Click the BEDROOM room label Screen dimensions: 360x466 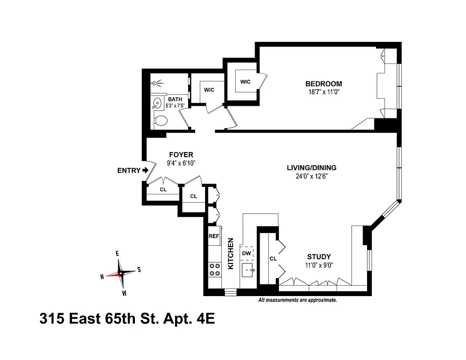[323, 84]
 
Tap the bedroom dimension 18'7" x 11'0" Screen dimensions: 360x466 [323, 92]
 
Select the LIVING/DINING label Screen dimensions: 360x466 [311, 168]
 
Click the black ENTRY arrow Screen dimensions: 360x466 [145, 170]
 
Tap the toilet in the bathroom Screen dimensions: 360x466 [160, 120]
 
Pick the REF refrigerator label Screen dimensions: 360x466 [214, 236]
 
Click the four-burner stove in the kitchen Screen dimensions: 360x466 [215, 269]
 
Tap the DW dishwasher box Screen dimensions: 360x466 [246, 254]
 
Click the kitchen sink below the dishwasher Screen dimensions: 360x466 [248, 271]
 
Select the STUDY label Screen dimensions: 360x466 [319, 256]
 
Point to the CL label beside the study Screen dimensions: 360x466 [273, 259]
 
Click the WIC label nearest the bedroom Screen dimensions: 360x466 [245, 81]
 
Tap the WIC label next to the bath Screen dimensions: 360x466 [209, 90]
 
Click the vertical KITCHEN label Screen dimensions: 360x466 [231, 253]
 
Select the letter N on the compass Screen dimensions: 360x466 [102, 277]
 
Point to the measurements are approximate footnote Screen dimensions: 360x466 [297, 300]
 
